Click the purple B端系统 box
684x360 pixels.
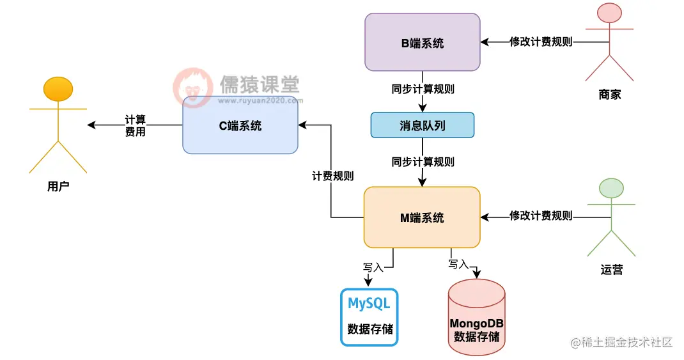[422, 42]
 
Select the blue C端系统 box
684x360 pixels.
[240, 125]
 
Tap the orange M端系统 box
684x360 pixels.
[422, 217]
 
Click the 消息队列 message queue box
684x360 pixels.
[423, 125]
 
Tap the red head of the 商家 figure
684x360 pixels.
[610, 15]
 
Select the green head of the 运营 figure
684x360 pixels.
[611, 189]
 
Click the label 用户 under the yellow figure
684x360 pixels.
[58, 187]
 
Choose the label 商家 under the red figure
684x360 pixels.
[610, 95]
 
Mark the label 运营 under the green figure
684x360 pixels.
[611, 269]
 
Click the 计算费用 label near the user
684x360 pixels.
[136, 125]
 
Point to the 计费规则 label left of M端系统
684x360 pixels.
[332, 176]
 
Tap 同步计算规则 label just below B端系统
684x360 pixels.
[423, 89]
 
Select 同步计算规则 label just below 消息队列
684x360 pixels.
[423, 162]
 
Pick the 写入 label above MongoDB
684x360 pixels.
[458, 263]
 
